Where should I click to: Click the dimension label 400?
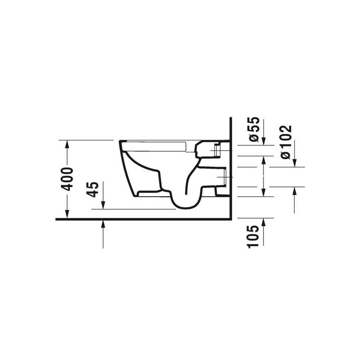click(x=67, y=179)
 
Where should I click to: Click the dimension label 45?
click(x=92, y=189)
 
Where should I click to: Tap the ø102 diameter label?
click(x=286, y=142)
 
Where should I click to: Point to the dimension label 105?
click(x=253, y=237)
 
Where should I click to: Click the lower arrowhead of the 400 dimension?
click(x=67, y=214)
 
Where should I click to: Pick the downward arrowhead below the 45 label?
click(x=103, y=205)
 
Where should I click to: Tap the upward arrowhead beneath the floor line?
click(x=103, y=224)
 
